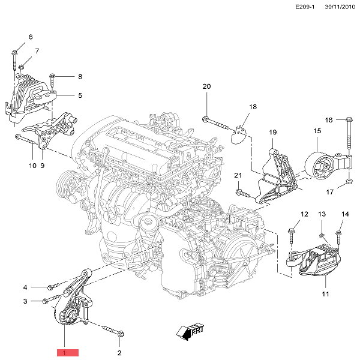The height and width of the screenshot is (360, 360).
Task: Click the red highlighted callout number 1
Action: [67, 353]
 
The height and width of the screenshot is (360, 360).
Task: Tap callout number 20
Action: [207, 87]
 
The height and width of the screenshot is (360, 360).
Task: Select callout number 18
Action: [253, 107]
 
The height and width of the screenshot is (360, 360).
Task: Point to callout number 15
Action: [317, 131]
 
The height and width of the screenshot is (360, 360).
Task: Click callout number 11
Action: [325, 294]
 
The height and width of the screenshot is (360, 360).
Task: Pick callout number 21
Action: [238, 175]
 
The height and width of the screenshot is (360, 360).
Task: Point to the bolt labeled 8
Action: [53, 77]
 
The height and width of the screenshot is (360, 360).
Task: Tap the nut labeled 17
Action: [348, 182]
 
